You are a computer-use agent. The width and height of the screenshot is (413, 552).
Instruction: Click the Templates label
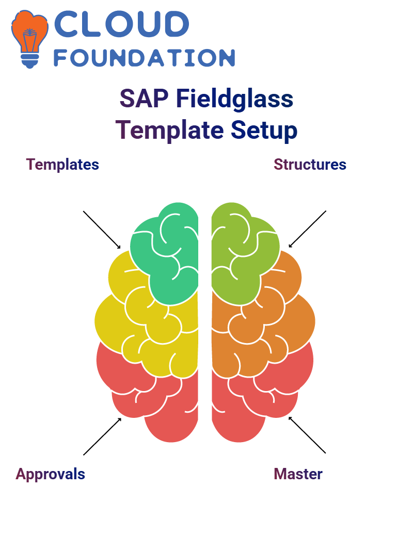pos(63,165)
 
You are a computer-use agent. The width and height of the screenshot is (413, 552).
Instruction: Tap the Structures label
pos(310,165)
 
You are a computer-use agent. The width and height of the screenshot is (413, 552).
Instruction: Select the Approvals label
pos(51,474)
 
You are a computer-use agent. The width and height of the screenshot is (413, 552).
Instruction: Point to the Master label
pos(298,474)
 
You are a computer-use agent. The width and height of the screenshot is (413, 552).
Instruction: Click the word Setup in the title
pos(264,131)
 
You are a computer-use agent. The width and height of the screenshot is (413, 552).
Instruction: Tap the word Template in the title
pos(169,131)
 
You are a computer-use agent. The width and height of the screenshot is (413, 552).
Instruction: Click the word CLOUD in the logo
pos(121,24)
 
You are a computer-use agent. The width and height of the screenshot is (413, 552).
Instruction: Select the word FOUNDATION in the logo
pos(144,58)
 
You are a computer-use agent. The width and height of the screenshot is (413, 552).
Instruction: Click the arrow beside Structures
pos(307,229)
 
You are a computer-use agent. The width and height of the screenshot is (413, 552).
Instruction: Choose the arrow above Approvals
pos(103,436)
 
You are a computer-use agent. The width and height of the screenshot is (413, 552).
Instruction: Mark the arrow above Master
pos(307,435)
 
